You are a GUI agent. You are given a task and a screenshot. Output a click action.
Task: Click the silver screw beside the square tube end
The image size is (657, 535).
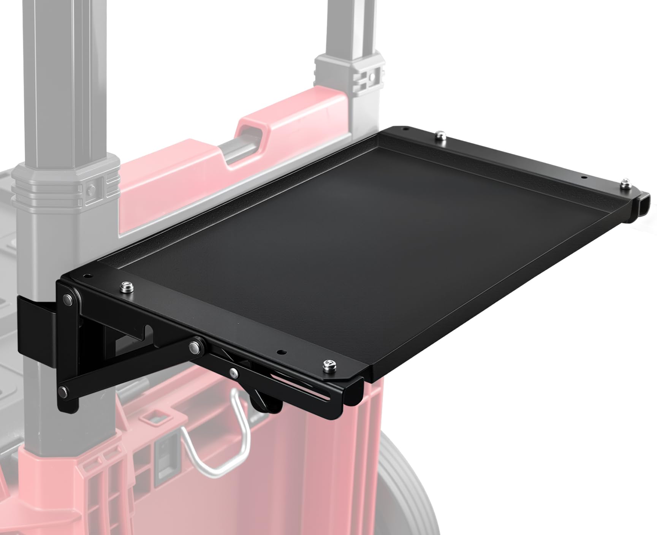[625, 184]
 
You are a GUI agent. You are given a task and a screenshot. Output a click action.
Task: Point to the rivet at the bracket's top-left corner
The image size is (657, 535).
[69, 299]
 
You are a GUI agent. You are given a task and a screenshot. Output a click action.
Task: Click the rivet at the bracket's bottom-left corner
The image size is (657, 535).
[63, 392]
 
